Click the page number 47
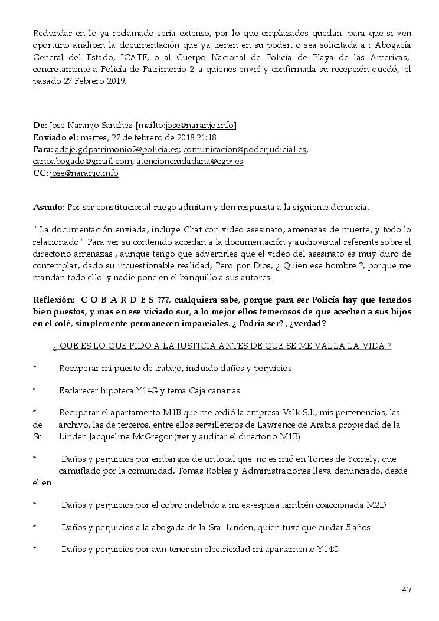pyautogui.click(x=407, y=590)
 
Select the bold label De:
pyautogui.click(x=40, y=126)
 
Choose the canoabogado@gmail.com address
pyautogui.click(x=82, y=161)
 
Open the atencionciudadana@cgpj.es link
pyautogui.click(x=190, y=161)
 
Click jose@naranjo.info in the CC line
pyautogui.click(x=84, y=173)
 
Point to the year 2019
pyautogui.click(x=114, y=81)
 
